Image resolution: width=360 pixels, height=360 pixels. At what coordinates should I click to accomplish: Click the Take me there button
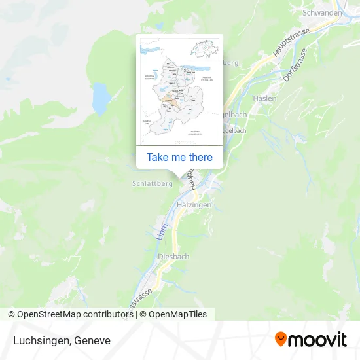179,157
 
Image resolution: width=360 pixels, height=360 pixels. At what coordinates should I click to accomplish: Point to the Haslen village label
265,98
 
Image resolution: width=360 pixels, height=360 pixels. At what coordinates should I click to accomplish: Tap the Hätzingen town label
194,205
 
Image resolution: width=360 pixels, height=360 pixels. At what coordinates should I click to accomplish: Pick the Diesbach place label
173,257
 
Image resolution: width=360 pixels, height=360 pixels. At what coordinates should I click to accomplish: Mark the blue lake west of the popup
101,98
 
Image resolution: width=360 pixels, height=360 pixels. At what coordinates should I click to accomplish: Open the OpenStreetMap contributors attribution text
75,314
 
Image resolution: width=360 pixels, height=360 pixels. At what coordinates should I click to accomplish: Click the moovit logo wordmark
318,340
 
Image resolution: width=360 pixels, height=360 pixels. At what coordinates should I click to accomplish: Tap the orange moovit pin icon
281,339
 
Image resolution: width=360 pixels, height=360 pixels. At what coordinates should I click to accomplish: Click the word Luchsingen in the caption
39,340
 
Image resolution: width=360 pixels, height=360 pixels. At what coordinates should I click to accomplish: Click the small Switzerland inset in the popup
204,49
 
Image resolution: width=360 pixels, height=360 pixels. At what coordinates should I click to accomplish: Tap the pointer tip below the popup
179,175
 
